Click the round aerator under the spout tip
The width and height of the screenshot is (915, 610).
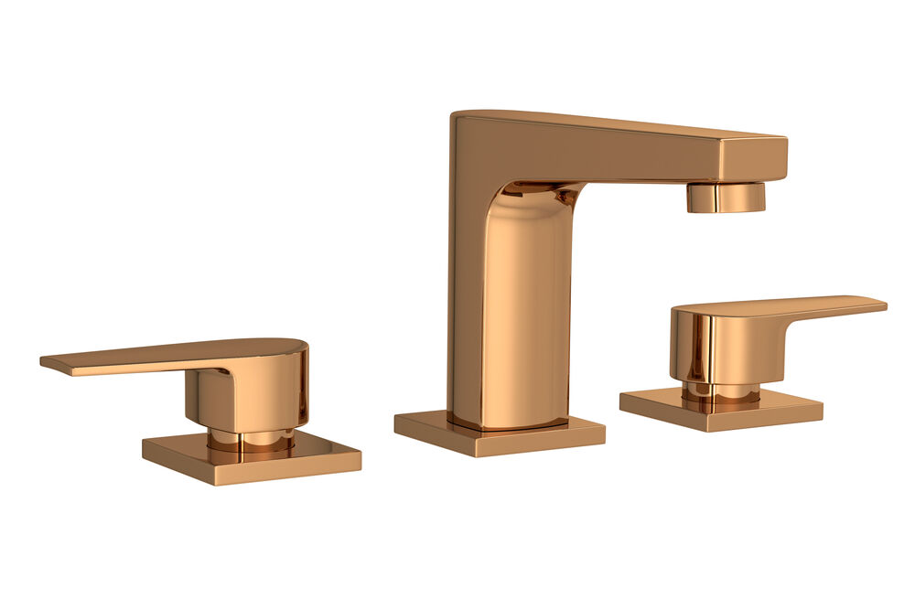tap(726, 198)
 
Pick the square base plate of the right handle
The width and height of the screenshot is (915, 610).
tap(723, 409)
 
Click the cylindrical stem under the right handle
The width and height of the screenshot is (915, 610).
tap(724, 391)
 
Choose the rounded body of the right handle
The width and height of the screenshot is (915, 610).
tap(723, 343)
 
